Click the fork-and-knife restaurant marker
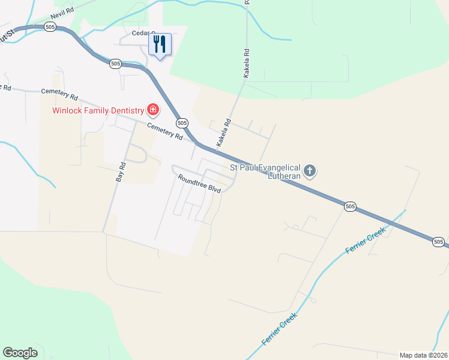(x=160, y=44)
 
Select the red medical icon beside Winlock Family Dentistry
(x=153, y=110)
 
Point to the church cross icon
(x=309, y=172)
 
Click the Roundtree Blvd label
(x=199, y=183)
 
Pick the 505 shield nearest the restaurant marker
(x=116, y=63)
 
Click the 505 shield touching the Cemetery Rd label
(x=182, y=122)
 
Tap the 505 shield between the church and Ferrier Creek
(x=351, y=206)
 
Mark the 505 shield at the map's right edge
(x=438, y=242)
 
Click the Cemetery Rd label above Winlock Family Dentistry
(x=60, y=94)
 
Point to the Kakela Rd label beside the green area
(x=246, y=65)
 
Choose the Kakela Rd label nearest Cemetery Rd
(x=224, y=133)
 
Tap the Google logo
(x=20, y=353)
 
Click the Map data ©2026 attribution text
(x=423, y=355)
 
